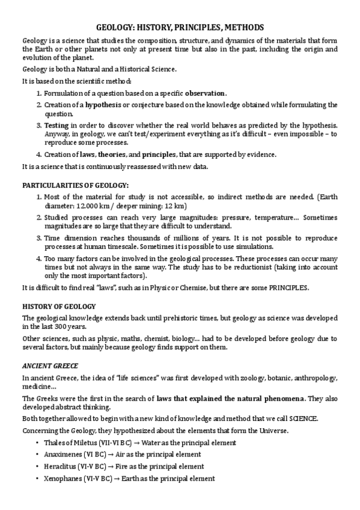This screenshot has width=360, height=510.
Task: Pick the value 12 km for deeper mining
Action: (153, 206)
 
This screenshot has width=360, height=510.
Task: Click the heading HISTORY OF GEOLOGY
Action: (55, 306)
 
